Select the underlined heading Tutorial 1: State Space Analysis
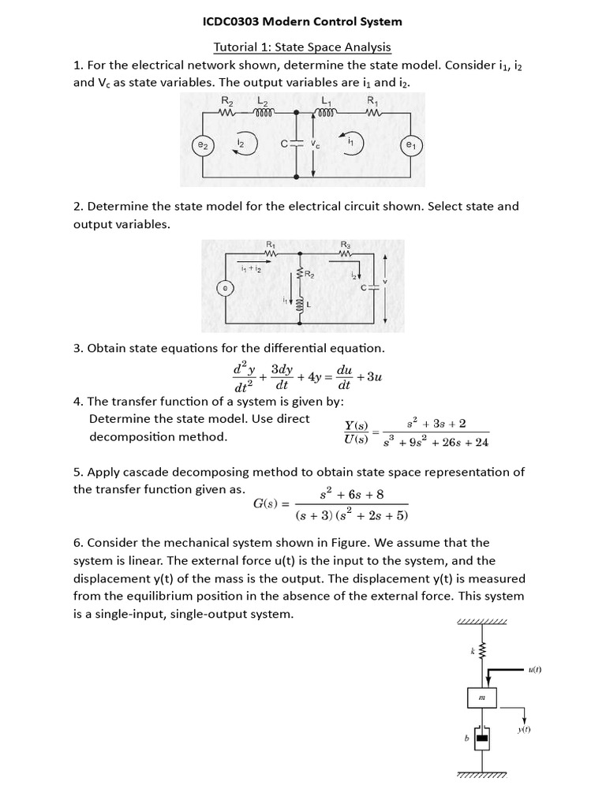(303, 47)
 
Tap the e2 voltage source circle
(203, 145)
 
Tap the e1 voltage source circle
(410, 145)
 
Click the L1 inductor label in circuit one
(325, 100)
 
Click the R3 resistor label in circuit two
(346, 245)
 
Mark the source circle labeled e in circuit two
(226, 290)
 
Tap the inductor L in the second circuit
(300, 304)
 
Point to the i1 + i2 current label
(251, 269)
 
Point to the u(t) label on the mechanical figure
(534, 670)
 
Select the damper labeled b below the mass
(481, 739)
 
